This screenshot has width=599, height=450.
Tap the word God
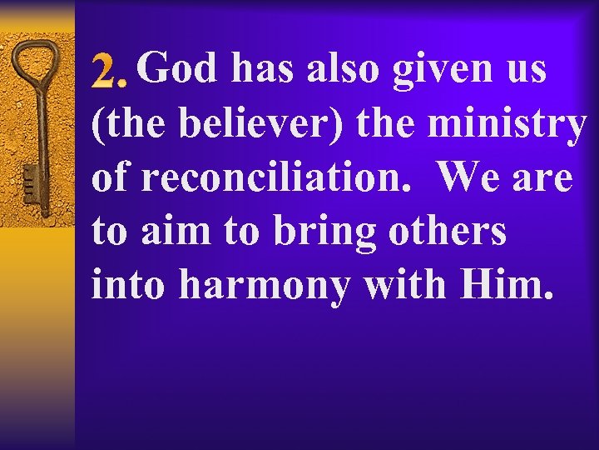pyautogui.click(x=178, y=68)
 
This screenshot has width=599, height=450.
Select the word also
pyautogui.click(x=343, y=68)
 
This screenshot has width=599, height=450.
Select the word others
pyautogui.click(x=448, y=231)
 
